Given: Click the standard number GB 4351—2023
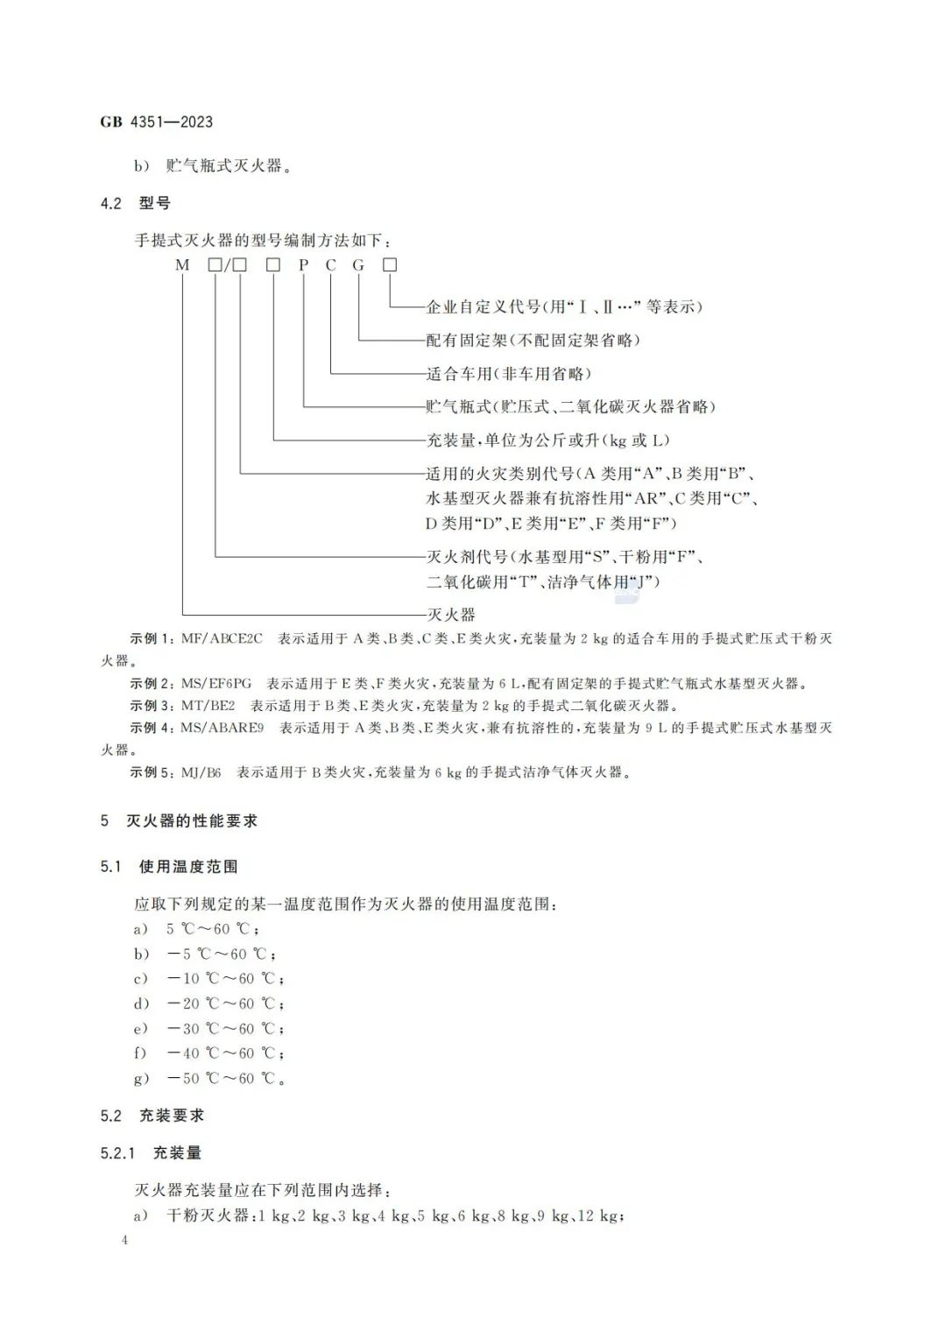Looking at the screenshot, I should click(x=157, y=122).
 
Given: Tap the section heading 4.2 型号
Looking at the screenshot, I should click(x=136, y=203).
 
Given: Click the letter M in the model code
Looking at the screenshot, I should click(x=182, y=264).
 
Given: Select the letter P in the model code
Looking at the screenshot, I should click(x=303, y=264).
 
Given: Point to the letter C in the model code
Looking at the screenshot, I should click(x=330, y=264).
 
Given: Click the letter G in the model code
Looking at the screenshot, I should click(x=358, y=264).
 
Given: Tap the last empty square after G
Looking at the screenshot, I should click(x=390, y=264).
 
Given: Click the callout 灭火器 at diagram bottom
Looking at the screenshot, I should click(x=450, y=615).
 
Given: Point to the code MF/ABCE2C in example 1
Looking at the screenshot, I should click(x=222, y=639).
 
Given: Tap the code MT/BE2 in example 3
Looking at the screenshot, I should click(x=208, y=706).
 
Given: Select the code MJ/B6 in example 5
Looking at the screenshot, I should click(x=201, y=772).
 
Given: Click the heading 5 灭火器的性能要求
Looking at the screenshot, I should click(x=180, y=821).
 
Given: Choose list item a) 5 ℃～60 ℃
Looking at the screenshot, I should click(x=211, y=929).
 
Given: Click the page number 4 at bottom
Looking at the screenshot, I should click(x=124, y=1240).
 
